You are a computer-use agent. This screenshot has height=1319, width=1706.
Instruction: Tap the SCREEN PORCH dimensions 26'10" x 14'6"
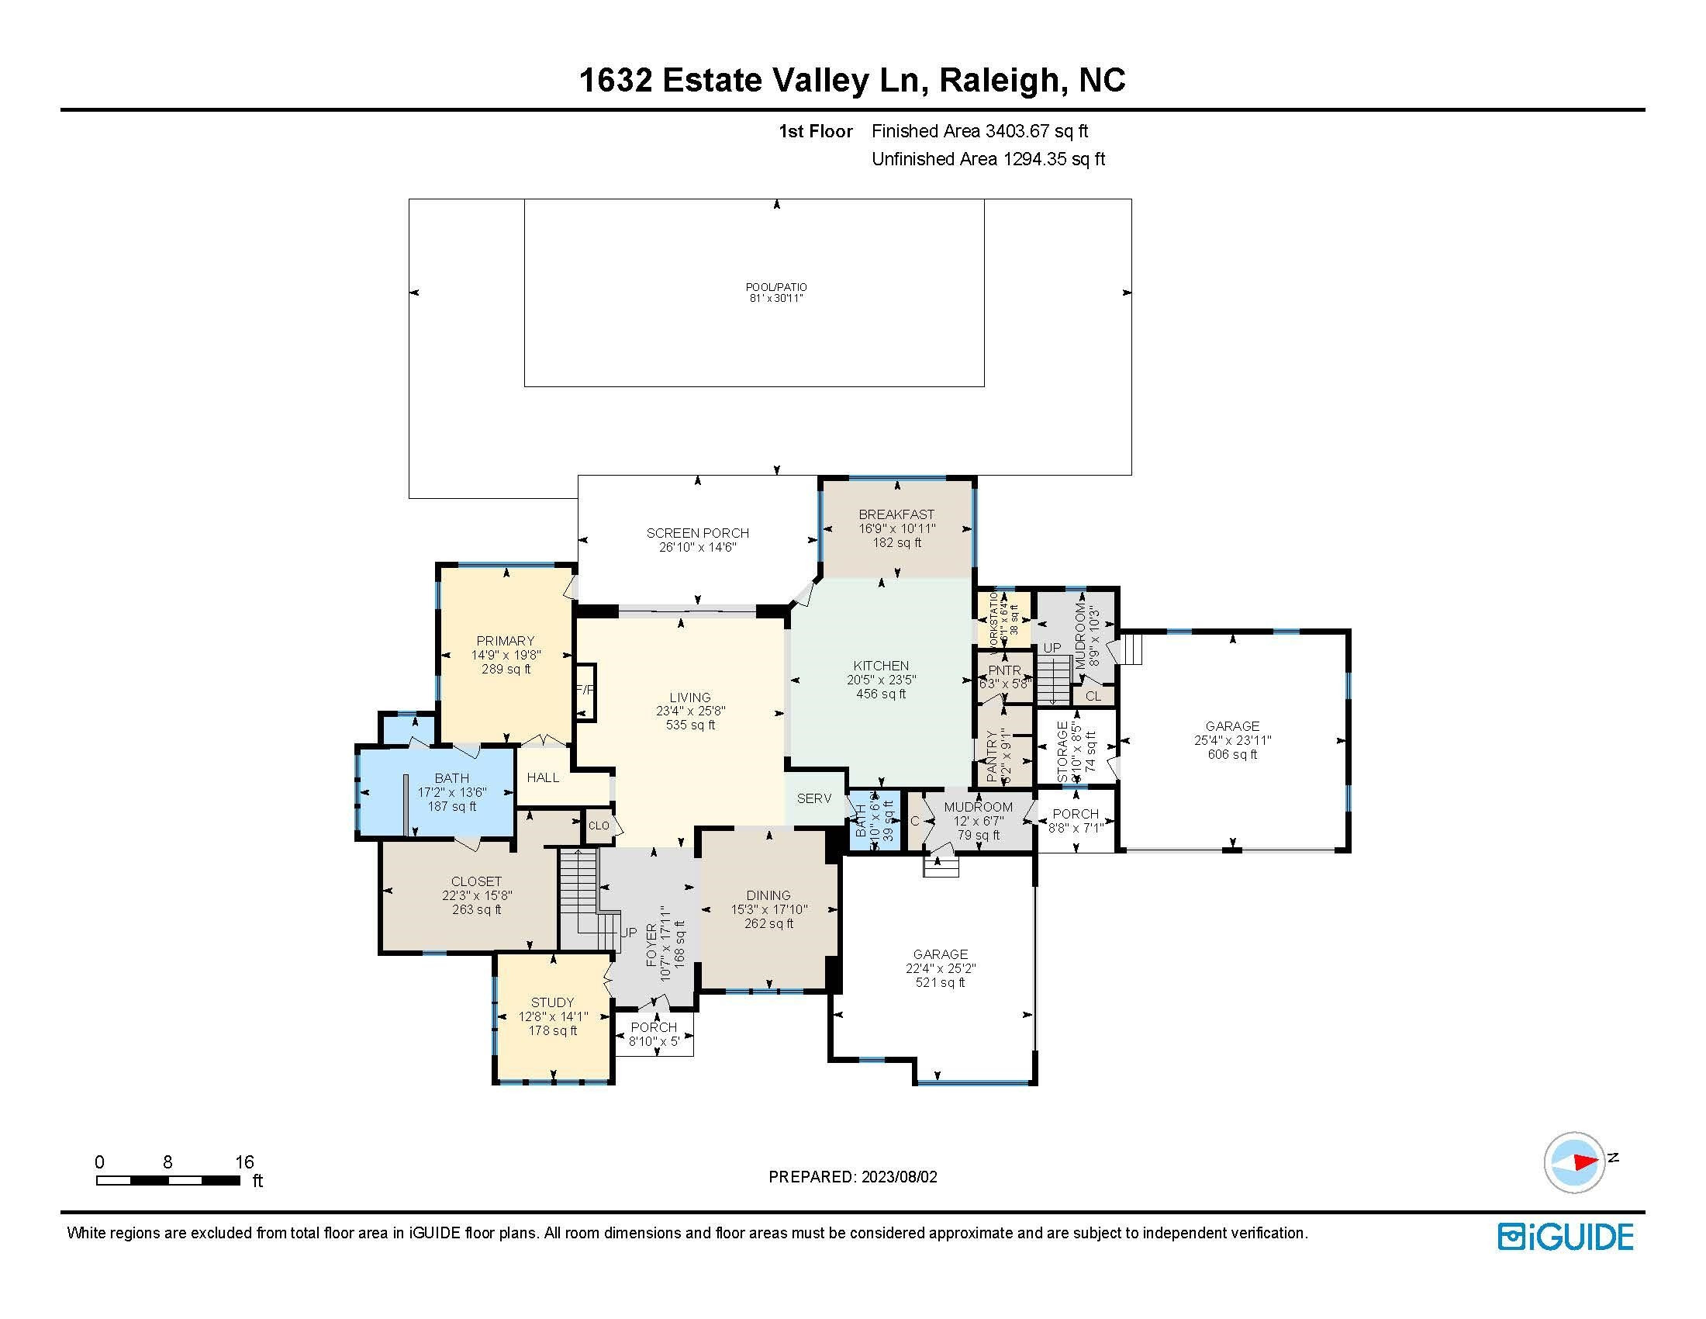(698, 548)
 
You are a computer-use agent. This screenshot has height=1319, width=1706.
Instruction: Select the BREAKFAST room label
(896, 514)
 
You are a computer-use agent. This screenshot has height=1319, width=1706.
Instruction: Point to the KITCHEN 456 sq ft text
(881, 694)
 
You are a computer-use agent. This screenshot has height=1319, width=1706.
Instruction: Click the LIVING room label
(689, 697)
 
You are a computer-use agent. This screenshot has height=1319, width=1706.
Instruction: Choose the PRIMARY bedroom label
(506, 641)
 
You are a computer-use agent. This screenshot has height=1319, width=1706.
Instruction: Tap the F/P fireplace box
(585, 690)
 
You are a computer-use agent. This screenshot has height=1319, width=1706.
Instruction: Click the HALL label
(543, 777)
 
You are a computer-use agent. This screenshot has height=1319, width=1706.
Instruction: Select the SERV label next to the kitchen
(814, 798)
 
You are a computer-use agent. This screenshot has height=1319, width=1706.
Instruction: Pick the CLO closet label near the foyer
(599, 826)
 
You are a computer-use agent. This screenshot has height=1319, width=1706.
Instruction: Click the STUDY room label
(552, 1002)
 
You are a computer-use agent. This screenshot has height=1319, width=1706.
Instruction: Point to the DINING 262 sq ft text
(768, 923)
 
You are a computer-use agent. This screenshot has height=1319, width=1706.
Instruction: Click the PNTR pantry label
(1003, 670)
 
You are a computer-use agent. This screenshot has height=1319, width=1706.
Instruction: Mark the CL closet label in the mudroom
(1093, 695)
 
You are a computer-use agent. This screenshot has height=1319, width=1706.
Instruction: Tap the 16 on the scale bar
(244, 1162)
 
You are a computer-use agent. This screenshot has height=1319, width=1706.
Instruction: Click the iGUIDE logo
(1566, 1237)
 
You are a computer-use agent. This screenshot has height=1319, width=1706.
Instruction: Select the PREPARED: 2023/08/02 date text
(852, 1177)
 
